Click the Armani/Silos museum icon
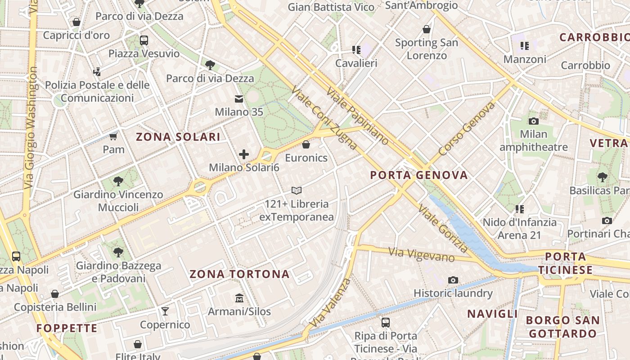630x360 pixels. [x=239, y=298]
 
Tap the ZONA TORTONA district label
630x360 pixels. [x=239, y=274]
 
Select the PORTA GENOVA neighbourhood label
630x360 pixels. [x=419, y=175]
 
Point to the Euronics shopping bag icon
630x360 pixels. [x=306, y=144]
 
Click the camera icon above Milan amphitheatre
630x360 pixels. [x=534, y=121]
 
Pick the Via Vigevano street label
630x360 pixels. [x=422, y=254]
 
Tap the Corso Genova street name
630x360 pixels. [x=466, y=129]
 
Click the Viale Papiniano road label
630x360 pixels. [x=357, y=116]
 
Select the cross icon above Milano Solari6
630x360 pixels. [x=244, y=154]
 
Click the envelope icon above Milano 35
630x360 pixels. [x=239, y=99]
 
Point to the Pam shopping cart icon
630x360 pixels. [x=113, y=136]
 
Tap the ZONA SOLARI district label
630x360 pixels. [x=178, y=137]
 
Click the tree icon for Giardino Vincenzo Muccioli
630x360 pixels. [x=118, y=181]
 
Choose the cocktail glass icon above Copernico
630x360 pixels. [x=165, y=311]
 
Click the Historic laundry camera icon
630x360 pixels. [x=453, y=280]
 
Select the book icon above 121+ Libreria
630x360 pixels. [x=296, y=190]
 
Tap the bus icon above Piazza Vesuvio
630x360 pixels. [x=144, y=40]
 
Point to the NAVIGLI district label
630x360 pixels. [x=492, y=314]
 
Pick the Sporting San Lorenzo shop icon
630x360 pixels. [x=427, y=29]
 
